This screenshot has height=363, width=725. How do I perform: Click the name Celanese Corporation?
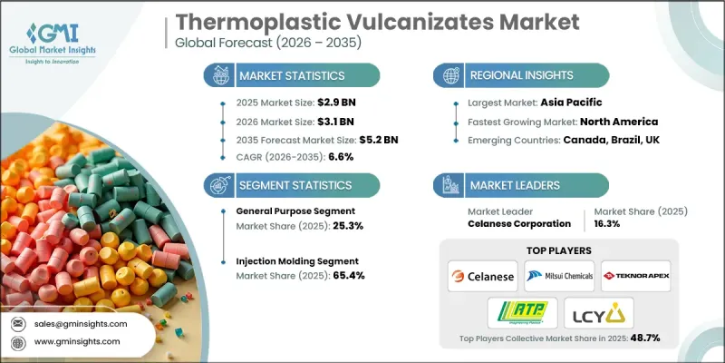click(x=518, y=223)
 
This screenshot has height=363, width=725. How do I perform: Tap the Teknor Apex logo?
click(x=633, y=275)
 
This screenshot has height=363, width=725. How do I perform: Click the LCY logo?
click(x=595, y=313)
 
